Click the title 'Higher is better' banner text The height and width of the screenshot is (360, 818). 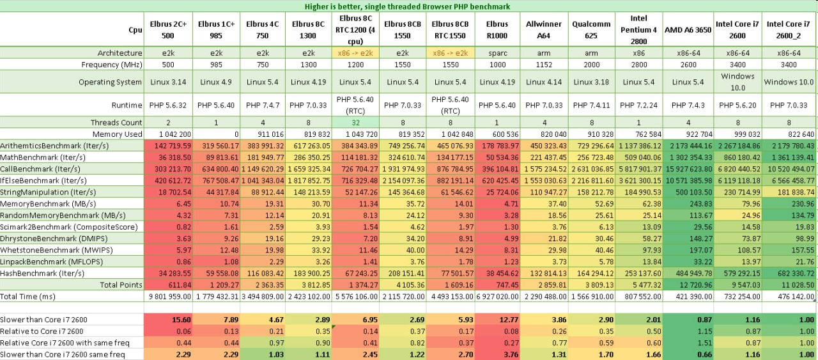[x=408, y=6]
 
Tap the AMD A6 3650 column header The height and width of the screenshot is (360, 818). [x=688, y=30]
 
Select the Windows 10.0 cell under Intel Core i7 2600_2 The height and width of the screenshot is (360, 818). [x=789, y=82]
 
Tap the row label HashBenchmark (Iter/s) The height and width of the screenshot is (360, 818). [x=42, y=273]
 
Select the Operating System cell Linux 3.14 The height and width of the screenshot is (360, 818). [x=168, y=82]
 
